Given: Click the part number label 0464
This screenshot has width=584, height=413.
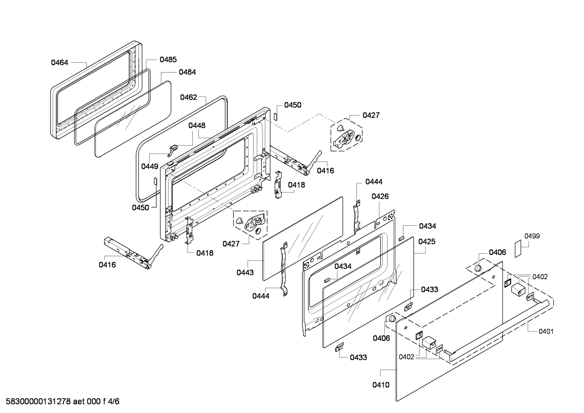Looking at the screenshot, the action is coord(60,62).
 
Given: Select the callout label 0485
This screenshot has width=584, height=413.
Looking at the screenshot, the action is coord(168,60).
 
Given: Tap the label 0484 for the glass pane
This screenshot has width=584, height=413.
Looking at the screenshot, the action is coord(187,72).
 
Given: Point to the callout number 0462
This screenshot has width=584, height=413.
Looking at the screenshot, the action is coord(188,97).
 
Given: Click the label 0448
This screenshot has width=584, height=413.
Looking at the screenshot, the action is coord(197,126).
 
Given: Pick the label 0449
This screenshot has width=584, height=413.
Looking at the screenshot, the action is coord(150,166).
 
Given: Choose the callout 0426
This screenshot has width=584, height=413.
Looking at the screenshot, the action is coord(380,196).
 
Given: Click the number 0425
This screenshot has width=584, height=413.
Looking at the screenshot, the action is coord(427,242).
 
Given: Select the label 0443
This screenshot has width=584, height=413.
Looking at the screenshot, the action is coord(245,272).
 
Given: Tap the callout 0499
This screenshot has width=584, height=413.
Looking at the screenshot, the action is coord(532,236).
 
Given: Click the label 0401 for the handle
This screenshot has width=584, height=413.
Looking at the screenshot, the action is coord(546,332).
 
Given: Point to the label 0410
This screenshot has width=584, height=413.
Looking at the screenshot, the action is coord(381,385).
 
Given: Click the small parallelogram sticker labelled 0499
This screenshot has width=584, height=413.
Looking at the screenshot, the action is coord(518,248).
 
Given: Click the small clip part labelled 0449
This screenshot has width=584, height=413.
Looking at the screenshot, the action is coord(173,151).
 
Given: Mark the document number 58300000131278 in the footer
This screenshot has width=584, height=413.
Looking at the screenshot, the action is coord(38,401).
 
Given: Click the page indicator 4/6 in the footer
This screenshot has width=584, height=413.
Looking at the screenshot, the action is coord(113,401).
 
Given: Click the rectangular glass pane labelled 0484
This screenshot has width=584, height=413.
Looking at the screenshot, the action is coord(133,119).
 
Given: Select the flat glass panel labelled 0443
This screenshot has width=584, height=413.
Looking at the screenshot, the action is coord(303,239).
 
